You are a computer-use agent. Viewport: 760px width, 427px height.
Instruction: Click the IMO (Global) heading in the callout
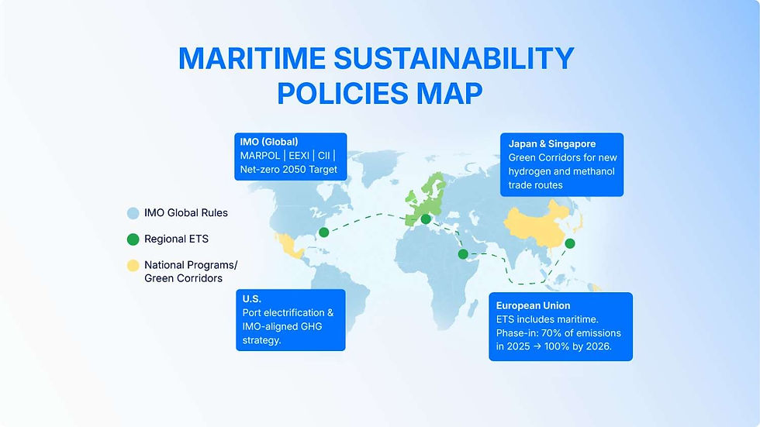pos(269,143)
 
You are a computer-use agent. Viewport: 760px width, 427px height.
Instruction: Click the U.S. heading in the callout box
pos(252,298)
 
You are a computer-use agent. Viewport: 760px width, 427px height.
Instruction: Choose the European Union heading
pos(533,305)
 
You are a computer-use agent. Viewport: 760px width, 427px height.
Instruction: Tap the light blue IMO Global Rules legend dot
pos(133,212)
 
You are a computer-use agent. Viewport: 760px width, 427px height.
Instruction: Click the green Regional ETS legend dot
pos(133,239)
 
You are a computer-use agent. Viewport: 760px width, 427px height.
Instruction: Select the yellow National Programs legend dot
pos(133,265)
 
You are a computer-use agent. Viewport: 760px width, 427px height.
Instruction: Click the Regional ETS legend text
pos(176,239)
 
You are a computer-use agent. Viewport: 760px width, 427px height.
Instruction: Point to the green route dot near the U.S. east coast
pos(323,232)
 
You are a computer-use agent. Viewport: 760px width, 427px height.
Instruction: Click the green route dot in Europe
pos(425,219)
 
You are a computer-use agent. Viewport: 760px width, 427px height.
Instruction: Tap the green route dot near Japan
pos(570,243)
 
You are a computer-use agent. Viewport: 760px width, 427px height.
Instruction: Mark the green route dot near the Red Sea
pos(463,254)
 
